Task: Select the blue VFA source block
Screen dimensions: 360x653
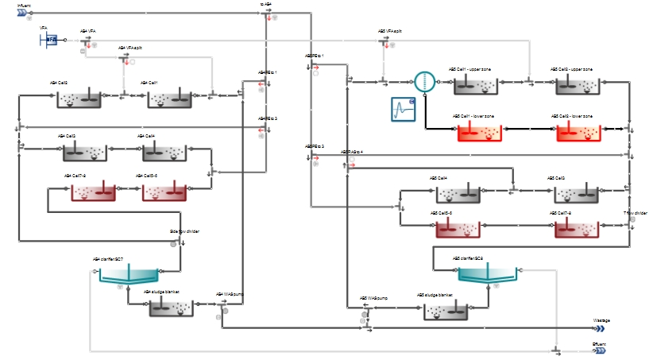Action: (49, 38)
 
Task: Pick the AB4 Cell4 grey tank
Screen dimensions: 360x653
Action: (164, 152)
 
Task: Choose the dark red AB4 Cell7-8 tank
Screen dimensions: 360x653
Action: (93, 192)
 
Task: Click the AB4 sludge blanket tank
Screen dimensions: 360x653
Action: (172, 308)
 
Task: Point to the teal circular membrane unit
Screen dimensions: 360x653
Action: (425, 81)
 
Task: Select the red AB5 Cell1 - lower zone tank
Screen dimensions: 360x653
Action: (474, 132)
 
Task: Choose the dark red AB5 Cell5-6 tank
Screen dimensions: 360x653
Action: (457, 228)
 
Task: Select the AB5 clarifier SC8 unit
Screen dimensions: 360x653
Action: (489, 275)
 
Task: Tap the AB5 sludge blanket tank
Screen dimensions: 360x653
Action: (445, 312)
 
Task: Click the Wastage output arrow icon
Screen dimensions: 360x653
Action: (601, 328)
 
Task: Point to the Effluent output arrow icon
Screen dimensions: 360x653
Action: (601, 350)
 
